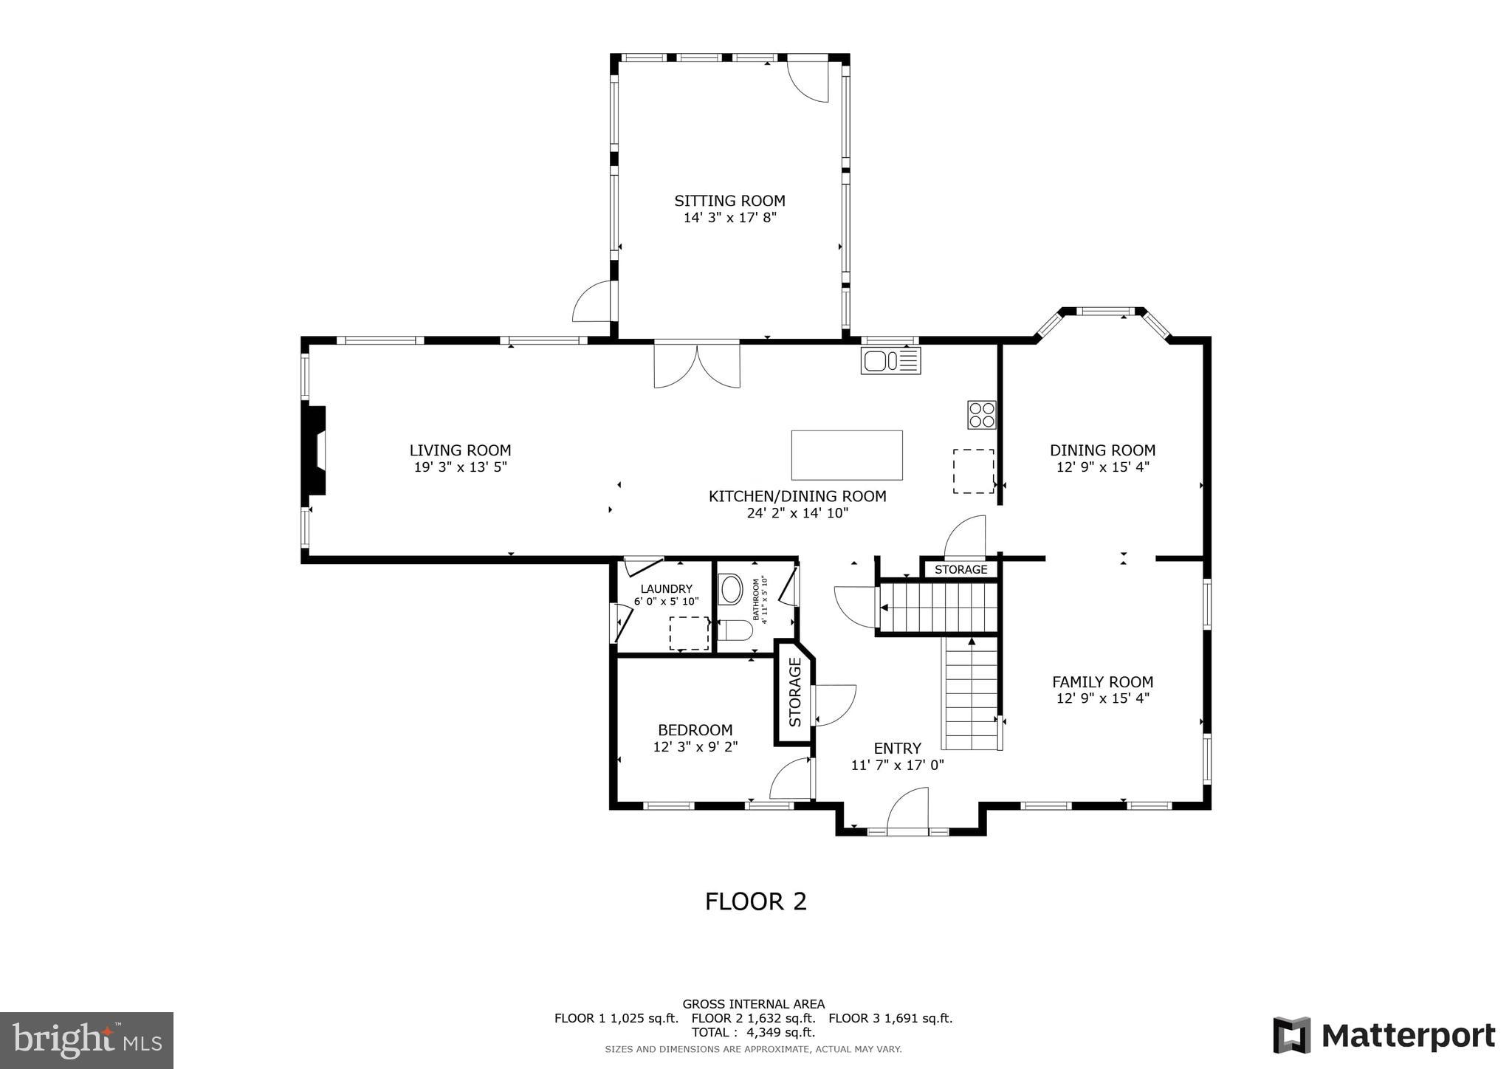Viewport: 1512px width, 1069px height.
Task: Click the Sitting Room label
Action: [x=729, y=201]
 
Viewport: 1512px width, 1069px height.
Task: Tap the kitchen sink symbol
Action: [x=890, y=361]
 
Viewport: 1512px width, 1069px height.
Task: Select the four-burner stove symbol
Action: [x=982, y=415]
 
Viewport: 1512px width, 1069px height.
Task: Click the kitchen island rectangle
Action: [x=847, y=456]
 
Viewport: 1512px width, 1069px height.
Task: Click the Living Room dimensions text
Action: [x=460, y=467]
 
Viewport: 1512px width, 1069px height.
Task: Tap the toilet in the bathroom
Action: [x=735, y=630]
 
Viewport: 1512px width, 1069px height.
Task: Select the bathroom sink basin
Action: [x=731, y=590]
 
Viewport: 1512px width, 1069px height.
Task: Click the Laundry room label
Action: [x=666, y=588]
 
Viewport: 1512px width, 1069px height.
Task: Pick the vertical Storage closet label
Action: [x=795, y=692]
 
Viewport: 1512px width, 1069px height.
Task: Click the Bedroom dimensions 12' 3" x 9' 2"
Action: [x=695, y=747]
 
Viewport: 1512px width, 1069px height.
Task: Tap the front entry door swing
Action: [x=907, y=812]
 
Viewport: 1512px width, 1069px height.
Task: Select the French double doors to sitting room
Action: [x=696, y=364]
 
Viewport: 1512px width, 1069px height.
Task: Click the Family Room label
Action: [x=1102, y=682]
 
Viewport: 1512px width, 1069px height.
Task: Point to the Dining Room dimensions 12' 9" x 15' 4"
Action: [x=1102, y=467]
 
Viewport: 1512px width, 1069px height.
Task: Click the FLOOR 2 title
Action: [x=755, y=901]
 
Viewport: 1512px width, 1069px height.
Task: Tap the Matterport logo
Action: [x=1384, y=1036]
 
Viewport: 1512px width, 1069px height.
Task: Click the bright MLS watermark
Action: [x=87, y=1040]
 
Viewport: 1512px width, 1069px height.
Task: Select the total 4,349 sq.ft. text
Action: [x=753, y=1032]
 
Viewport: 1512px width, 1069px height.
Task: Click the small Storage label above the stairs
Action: [x=961, y=569]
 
